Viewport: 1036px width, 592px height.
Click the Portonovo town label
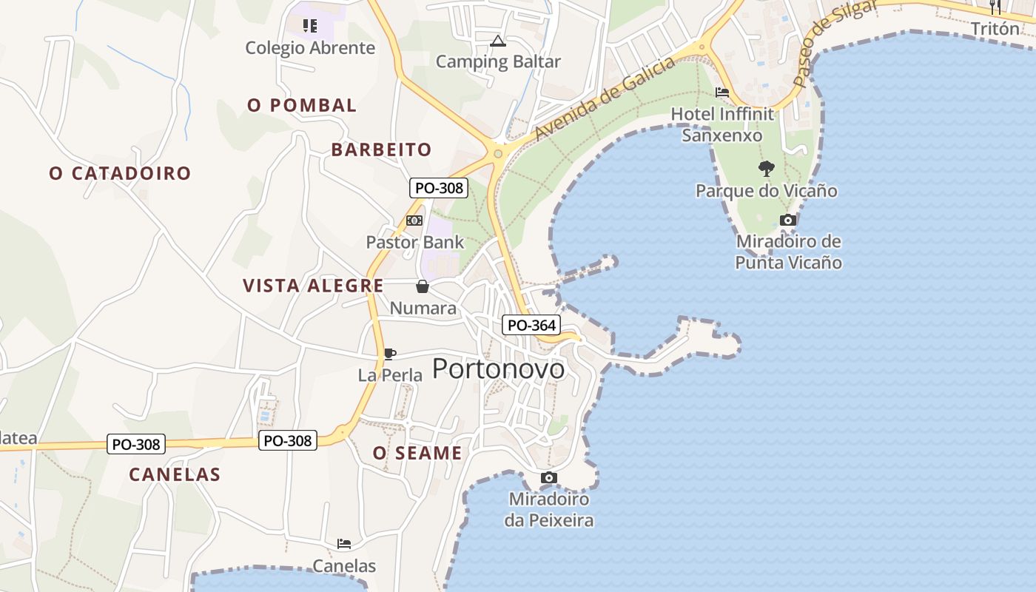point(498,369)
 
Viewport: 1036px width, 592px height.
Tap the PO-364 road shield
point(531,325)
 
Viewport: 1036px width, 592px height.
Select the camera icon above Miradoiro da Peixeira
point(548,477)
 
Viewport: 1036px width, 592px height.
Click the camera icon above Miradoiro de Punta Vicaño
point(788,220)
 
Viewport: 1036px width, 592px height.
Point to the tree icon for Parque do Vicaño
point(766,169)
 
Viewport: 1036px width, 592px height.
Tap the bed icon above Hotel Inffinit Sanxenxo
point(721,92)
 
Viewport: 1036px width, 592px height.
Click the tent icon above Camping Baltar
point(497,41)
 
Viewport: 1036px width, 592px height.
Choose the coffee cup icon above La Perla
point(389,354)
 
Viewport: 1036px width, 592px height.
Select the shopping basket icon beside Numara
point(422,286)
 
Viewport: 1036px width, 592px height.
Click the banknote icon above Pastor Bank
point(414,221)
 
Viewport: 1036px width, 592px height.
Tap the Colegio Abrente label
point(310,48)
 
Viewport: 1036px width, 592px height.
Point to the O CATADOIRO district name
point(120,173)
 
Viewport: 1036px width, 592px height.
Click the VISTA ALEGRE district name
point(313,286)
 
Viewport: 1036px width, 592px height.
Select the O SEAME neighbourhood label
point(417,453)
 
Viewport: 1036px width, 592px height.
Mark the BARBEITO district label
point(381,149)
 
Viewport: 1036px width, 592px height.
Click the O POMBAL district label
point(302,105)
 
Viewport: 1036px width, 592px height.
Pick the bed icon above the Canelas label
point(344,544)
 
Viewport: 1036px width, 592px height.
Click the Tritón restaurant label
point(995,29)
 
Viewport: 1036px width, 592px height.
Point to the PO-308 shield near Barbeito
point(439,188)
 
